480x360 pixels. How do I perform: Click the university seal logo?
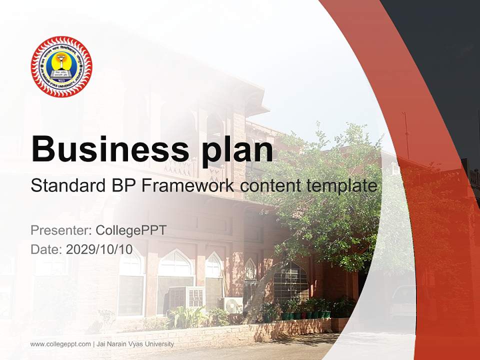coord(61,66)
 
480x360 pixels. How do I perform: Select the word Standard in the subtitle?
coord(67,186)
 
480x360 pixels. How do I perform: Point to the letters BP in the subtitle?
coord(122,186)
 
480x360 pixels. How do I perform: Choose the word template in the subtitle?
coord(344,186)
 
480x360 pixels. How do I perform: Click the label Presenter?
coord(60,230)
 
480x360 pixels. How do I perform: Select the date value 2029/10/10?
coord(99,249)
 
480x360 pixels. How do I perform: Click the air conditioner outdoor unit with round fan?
coord(230,304)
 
